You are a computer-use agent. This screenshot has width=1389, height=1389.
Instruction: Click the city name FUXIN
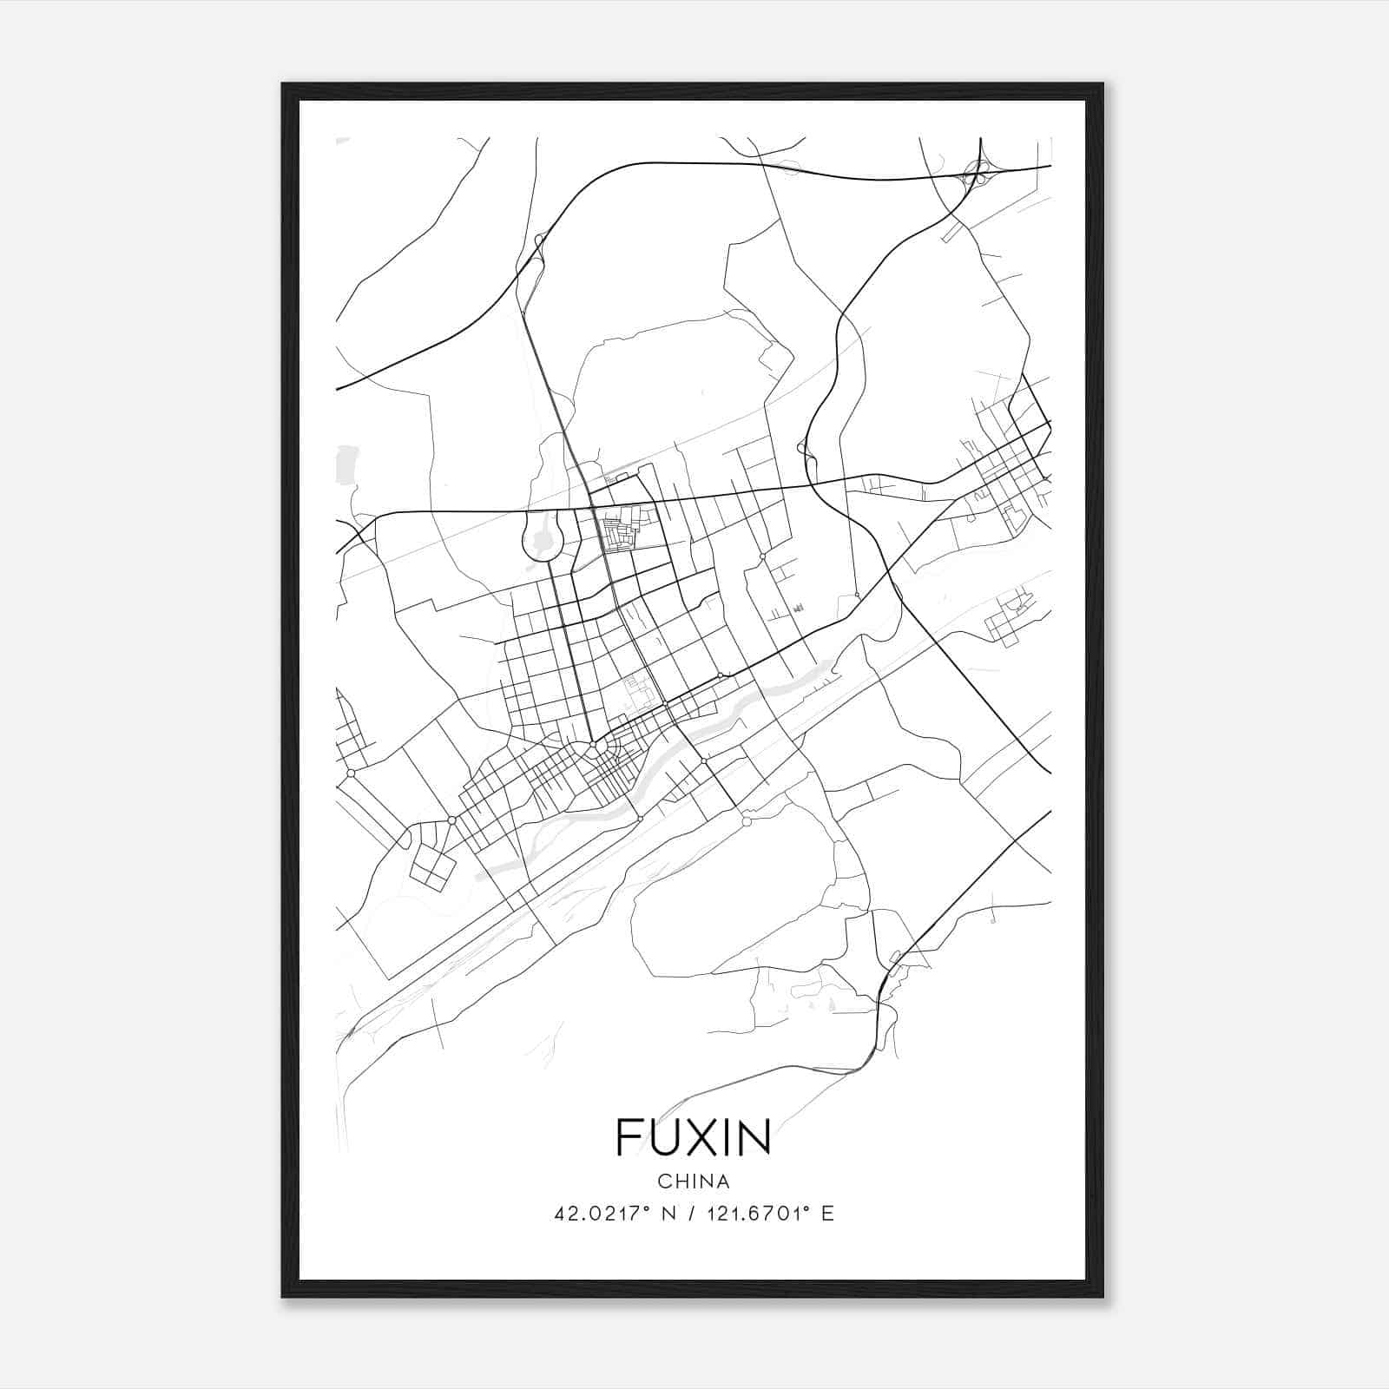(x=694, y=1137)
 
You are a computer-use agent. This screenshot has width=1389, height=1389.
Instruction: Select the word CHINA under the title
(x=694, y=1182)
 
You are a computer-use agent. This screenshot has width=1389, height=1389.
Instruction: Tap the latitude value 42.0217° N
(x=609, y=1214)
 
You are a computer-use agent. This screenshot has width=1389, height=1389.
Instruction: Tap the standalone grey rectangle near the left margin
(x=347, y=464)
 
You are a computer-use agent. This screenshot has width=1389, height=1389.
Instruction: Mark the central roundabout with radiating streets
(x=598, y=747)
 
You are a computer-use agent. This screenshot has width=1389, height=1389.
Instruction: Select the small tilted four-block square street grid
(x=432, y=866)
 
